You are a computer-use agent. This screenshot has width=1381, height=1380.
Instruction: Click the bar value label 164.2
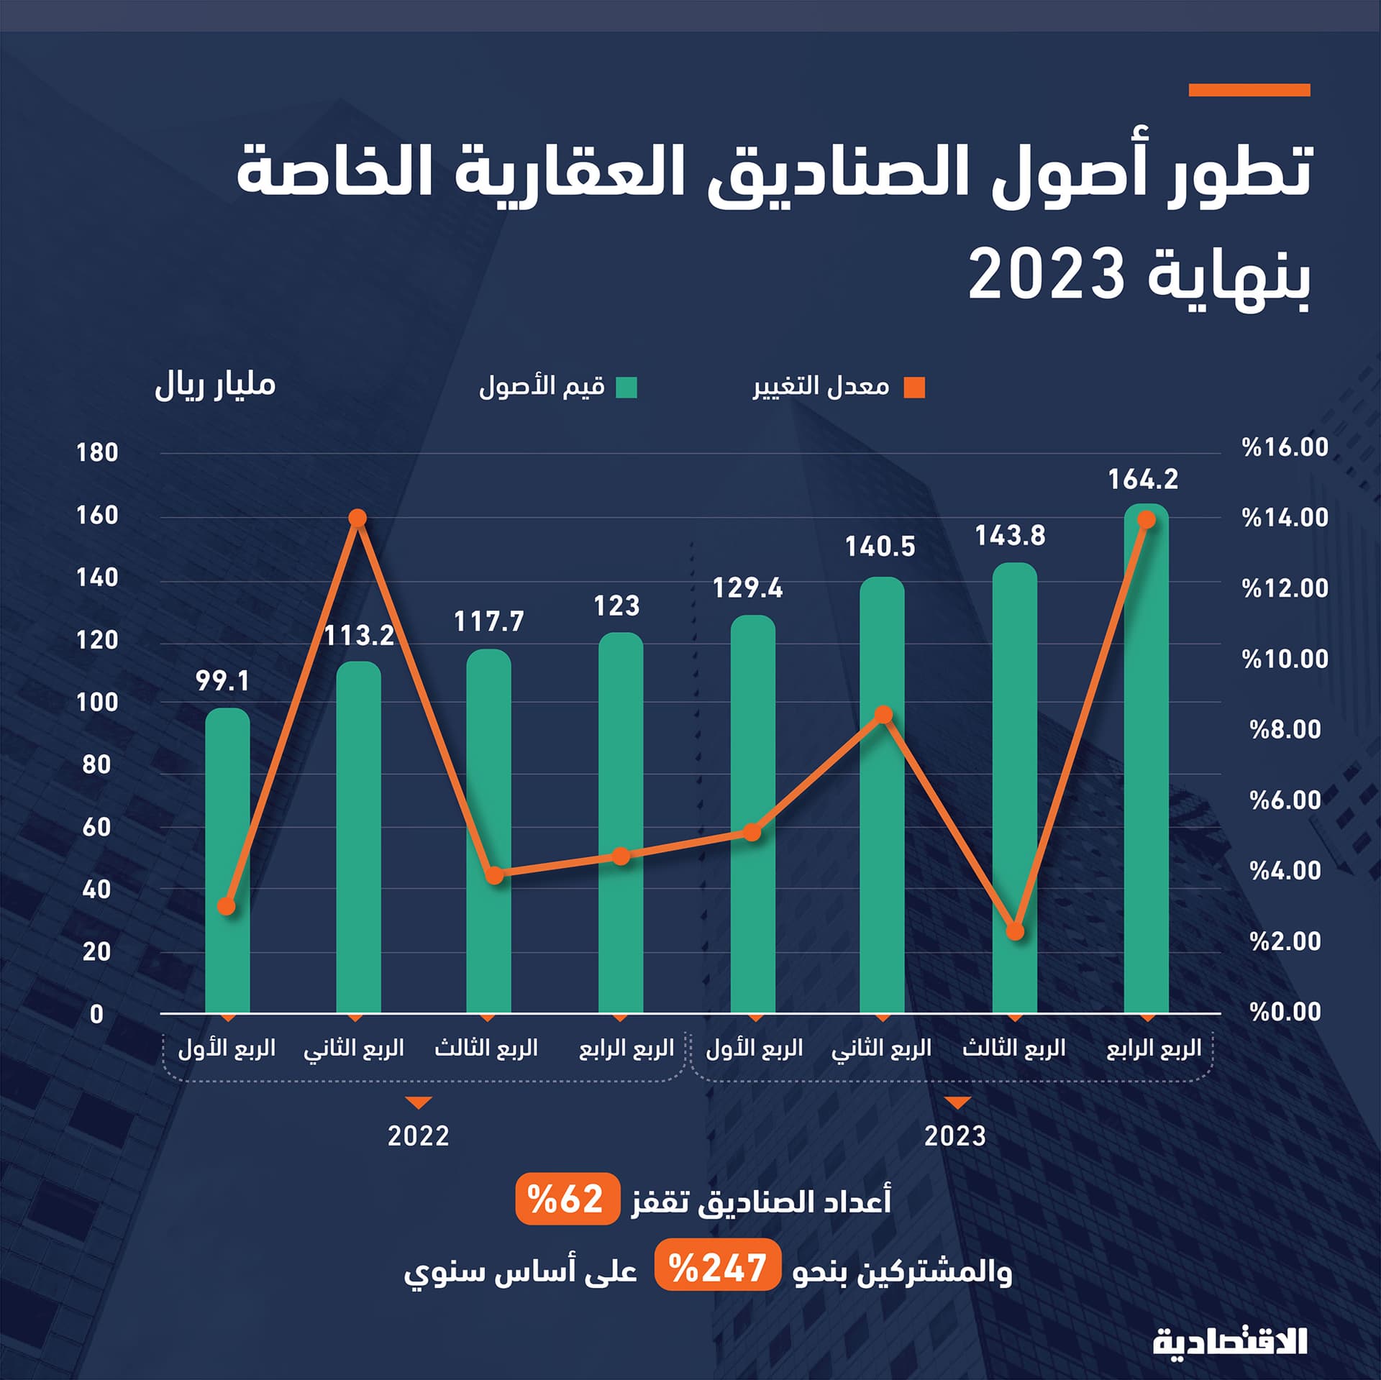(1143, 480)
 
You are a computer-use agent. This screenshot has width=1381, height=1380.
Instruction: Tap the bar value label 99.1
(222, 680)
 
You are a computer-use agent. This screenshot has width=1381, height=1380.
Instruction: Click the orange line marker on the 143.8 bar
(1015, 932)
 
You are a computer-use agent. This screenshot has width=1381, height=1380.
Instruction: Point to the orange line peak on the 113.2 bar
(357, 518)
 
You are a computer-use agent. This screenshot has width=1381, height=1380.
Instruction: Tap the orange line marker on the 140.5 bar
(884, 715)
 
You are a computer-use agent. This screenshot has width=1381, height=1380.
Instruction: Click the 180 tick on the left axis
(97, 453)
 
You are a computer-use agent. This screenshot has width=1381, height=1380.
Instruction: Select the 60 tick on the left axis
(97, 827)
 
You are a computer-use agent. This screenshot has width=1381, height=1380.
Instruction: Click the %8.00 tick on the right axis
(1285, 729)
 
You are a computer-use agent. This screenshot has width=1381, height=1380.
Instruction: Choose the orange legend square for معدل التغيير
(915, 388)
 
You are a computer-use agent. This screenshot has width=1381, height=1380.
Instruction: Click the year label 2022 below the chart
(418, 1136)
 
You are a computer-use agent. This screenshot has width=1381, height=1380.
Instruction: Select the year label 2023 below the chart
(954, 1136)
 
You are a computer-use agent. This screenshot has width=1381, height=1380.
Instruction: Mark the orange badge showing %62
(567, 1199)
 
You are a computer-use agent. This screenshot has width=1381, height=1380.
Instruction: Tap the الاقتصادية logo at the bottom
(1229, 1341)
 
